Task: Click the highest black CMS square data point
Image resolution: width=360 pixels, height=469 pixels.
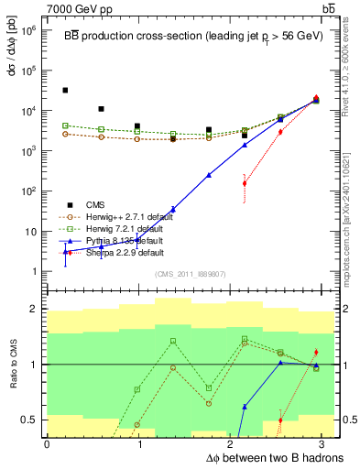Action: click(65, 90)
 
